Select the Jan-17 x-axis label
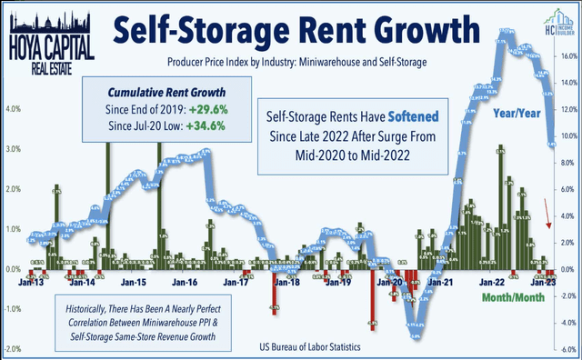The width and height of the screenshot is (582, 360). pos(236,283)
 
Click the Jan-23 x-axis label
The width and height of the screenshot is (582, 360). pos(545,283)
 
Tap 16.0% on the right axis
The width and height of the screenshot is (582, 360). pos(567,55)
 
